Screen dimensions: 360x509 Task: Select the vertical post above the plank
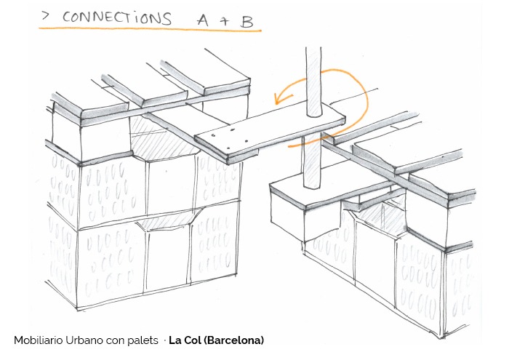pyautogui.click(x=313, y=80)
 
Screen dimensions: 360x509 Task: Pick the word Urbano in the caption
pyautogui.click(x=89, y=340)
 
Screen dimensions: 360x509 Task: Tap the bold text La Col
pyautogui.click(x=181, y=340)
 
